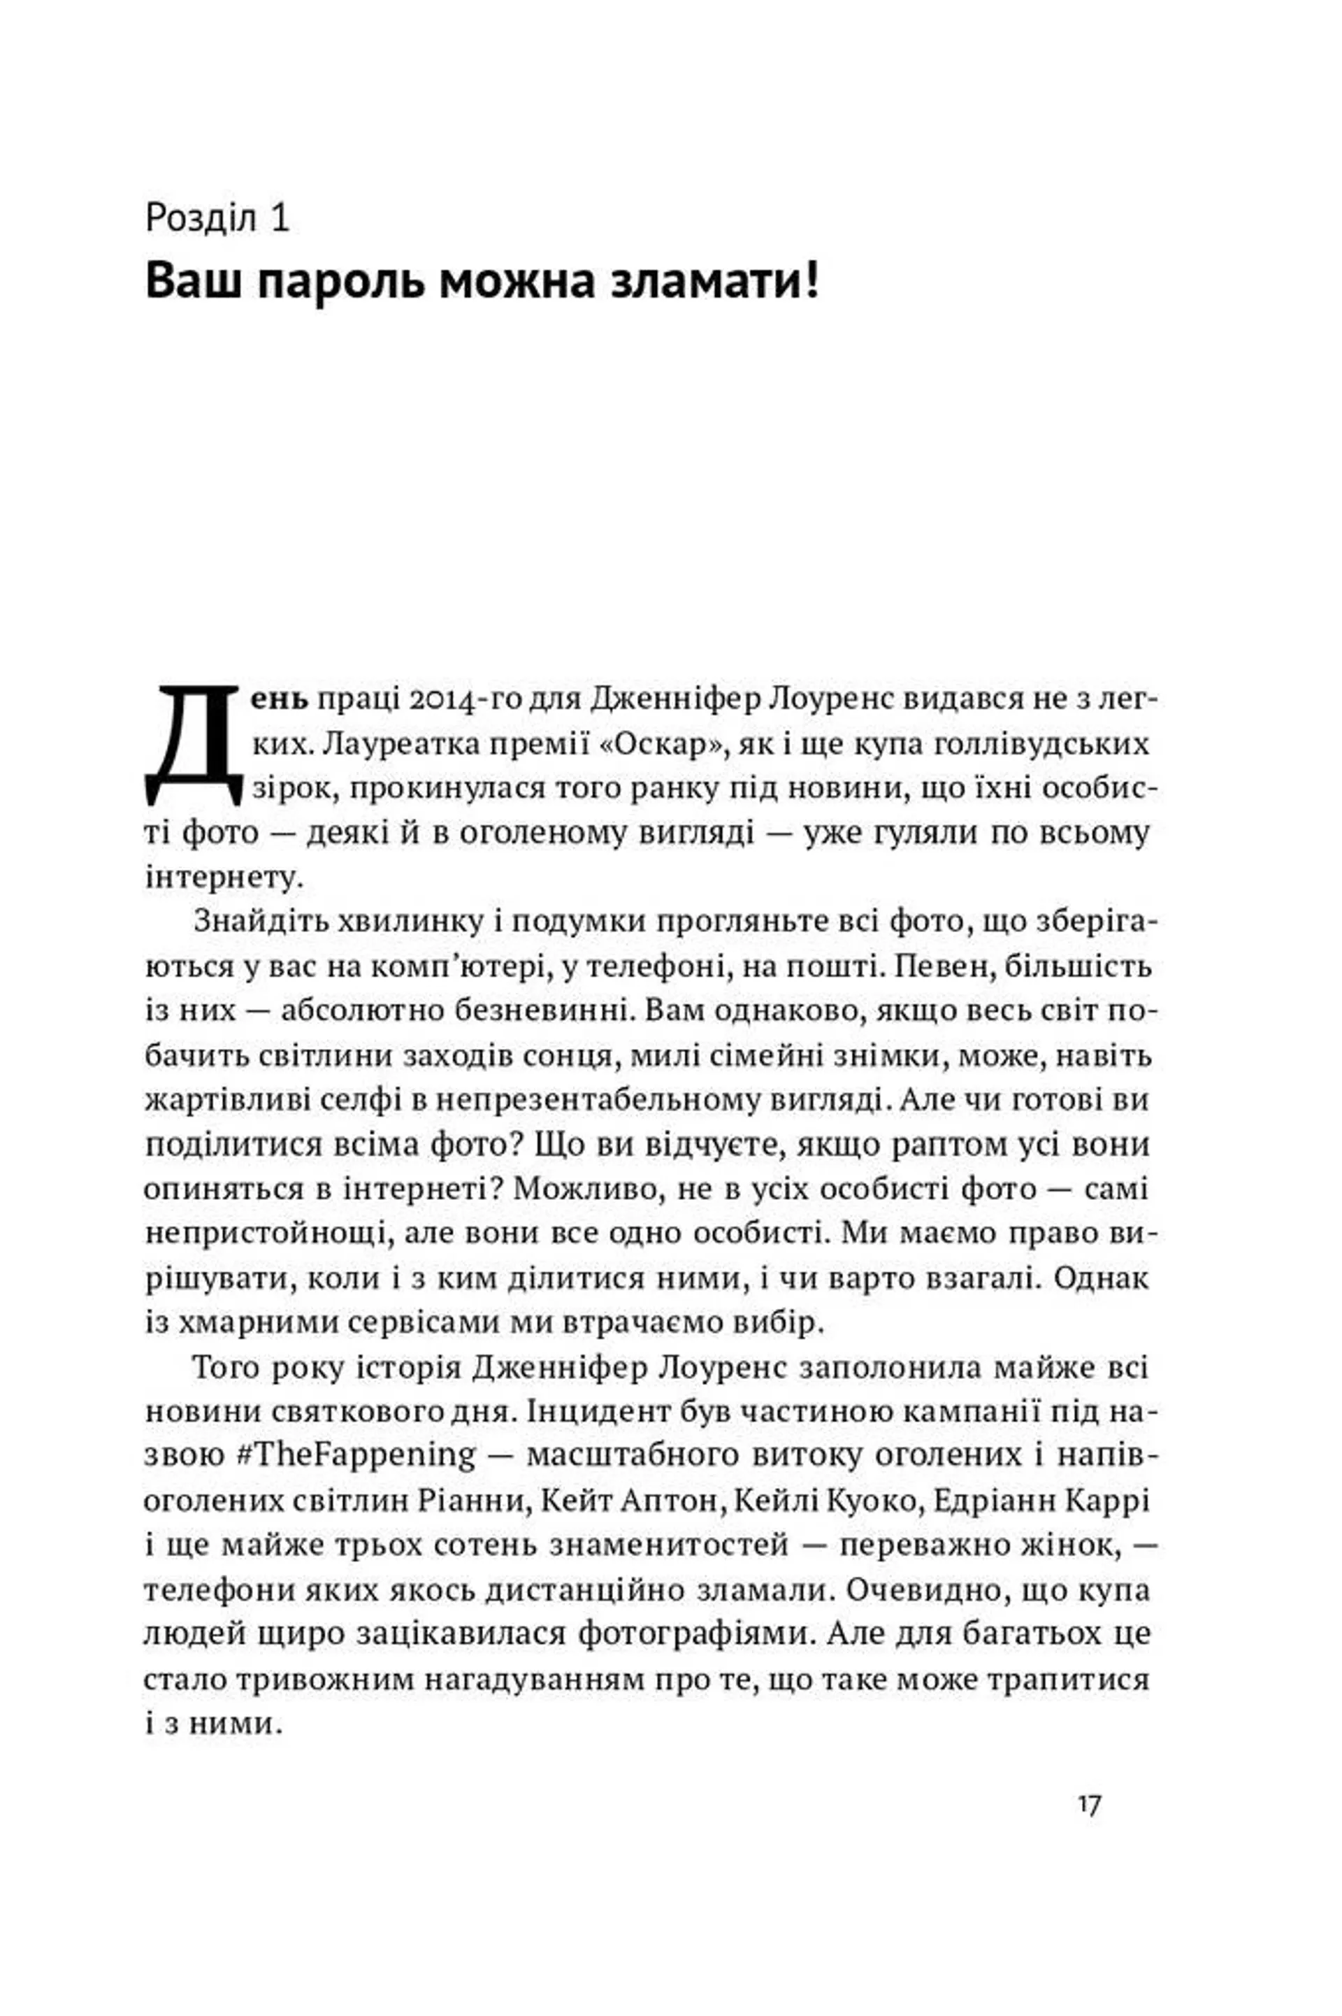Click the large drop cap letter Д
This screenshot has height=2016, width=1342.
(195, 744)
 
